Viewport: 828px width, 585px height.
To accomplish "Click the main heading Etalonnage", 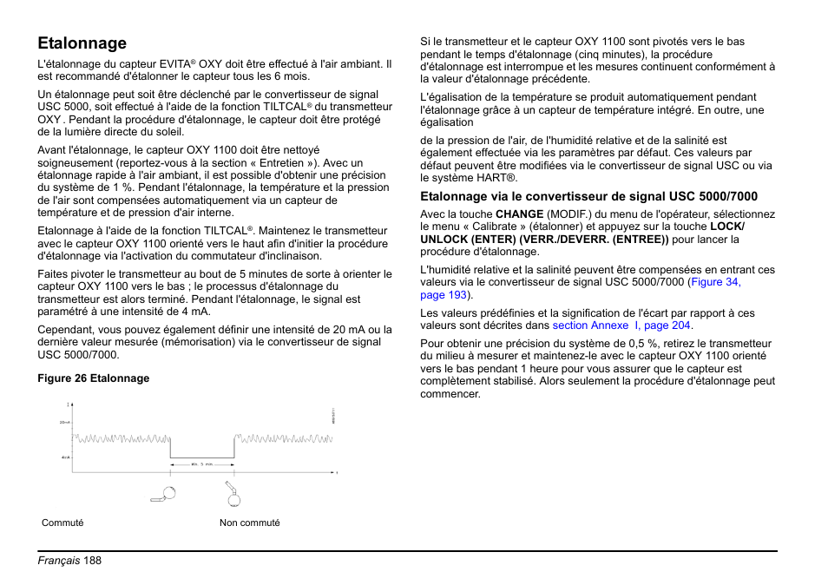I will (82, 43).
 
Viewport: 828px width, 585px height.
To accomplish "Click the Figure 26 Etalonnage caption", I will (93, 378).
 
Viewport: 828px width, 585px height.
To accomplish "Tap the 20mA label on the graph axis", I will (64, 422).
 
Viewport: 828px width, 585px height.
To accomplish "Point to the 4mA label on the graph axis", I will (65, 457).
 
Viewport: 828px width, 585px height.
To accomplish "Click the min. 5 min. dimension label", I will (201, 464).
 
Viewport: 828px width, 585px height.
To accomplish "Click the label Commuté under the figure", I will (62, 523).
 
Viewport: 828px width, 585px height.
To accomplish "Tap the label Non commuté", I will (249, 523).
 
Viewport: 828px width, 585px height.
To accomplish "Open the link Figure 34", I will (716, 282).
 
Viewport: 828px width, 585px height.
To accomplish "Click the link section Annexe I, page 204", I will (622, 325).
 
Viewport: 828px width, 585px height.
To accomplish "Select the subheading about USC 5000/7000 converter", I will (588, 196).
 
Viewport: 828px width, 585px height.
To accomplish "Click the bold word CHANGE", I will (519, 214).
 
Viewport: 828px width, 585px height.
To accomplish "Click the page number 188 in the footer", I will (93, 561).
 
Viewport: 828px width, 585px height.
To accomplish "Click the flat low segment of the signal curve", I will (201, 457).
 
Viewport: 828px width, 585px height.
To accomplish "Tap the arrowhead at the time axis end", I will (335, 472).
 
